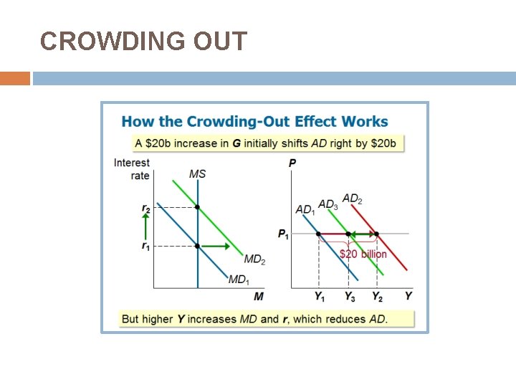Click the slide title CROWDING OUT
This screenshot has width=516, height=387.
click(143, 42)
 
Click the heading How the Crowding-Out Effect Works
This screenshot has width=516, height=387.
click(254, 122)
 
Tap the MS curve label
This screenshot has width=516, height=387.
click(198, 174)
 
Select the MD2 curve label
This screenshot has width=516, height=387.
click(254, 259)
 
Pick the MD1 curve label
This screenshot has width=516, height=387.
click(239, 279)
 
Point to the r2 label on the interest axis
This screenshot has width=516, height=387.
click(145, 208)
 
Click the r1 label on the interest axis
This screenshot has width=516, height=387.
click(145, 246)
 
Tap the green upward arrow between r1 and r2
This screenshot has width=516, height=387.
click(145, 226)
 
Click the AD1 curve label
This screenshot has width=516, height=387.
click(305, 210)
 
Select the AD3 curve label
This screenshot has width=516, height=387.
click(328, 205)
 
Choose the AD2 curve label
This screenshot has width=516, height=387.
click(352, 199)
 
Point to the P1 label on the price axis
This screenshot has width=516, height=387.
click(283, 234)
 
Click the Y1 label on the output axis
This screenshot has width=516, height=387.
click(319, 296)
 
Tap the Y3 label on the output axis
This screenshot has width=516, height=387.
click(349, 296)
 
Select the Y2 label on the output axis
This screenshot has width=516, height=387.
click(377, 296)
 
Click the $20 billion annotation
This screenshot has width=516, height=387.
click(363, 254)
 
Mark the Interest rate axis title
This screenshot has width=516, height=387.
click(132, 169)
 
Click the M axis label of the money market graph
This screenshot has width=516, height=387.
click(259, 296)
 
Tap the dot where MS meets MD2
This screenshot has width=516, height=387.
click(198, 207)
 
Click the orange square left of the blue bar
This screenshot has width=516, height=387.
click(15, 78)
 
